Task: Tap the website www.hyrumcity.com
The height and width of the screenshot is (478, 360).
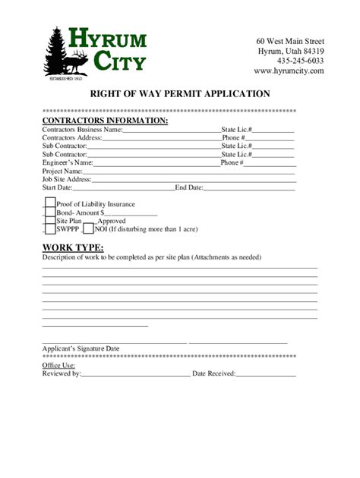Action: (x=289, y=71)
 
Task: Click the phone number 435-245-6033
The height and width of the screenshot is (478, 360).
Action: (x=300, y=61)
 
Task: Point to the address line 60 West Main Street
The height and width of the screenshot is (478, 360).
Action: (x=290, y=41)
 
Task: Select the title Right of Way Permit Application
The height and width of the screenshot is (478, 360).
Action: (x=180, y=94)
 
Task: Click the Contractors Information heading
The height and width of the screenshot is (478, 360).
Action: (x=105, y=121)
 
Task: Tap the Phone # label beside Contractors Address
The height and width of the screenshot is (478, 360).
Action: (x=233, y=138)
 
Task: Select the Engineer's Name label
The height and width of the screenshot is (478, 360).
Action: (x=68, y=162)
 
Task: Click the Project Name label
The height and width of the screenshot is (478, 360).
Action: (x=62, y=171)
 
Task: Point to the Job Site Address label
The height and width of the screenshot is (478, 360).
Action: (x=67, y=179)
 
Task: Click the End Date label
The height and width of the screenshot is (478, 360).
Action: (x=189, y=187)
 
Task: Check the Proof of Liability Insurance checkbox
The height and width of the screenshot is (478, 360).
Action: (x=49, y=203)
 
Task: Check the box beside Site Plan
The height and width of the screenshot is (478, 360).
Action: (x=49, y=220)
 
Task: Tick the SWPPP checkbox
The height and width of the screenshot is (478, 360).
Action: (x=49, y=228)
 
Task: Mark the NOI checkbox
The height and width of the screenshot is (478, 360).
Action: (x=88, y=228)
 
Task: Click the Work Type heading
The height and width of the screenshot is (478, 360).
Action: (x=73, y=247)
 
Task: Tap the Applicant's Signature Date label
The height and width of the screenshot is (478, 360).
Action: (x=81, y=349)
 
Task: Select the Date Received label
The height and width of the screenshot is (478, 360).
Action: (x=214, y=373)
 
